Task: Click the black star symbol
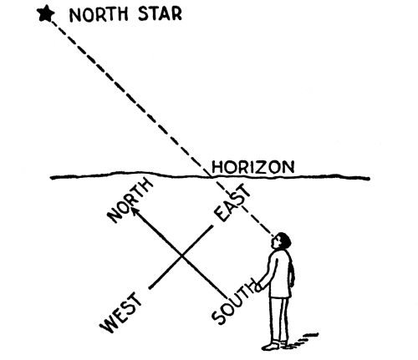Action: (46, 13)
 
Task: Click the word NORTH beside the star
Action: (99, 14)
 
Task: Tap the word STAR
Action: (160, 13)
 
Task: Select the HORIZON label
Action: (252, 167)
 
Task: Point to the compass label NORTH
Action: (130, 200)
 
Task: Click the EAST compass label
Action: (232, 202)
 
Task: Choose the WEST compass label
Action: (121, 312)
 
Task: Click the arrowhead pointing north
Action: (135, 210)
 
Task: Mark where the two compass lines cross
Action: (181, 256)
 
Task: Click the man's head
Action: (281, 241)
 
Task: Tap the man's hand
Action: (258, 287)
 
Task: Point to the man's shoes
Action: (275, 345)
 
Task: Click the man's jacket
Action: (280, 274)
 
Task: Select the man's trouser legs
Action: (278, 320)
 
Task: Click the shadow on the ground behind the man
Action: (303, 340)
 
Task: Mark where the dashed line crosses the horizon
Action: (210, 176)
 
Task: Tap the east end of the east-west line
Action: (213, 226)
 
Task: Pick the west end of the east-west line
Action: (150, 288)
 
